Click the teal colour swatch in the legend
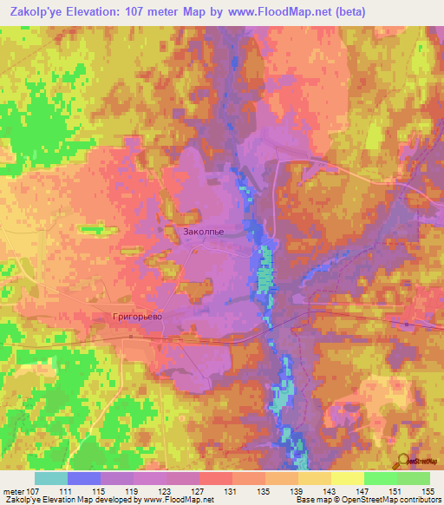(x=51, y=478)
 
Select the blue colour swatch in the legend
(x=84, y=478)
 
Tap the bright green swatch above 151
(x=381, y=478)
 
